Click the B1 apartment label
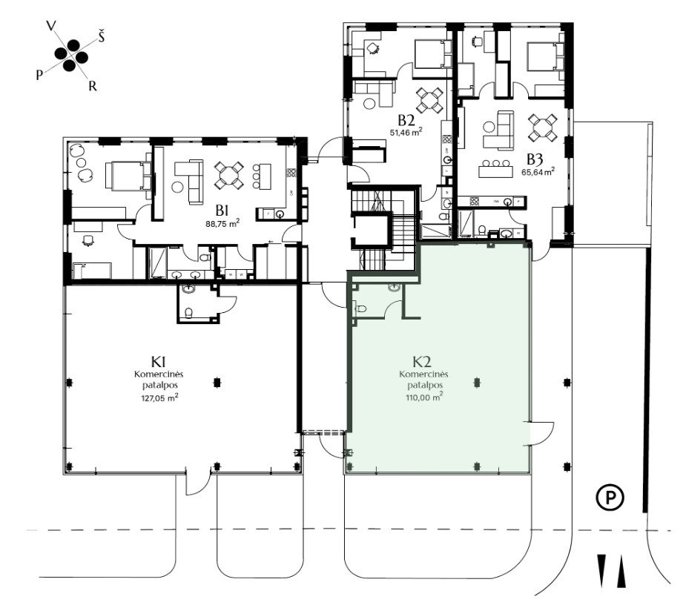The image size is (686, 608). click(x=222, y=211)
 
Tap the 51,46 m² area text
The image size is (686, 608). click(x=406, y=132)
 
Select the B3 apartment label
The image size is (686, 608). click(x=537, y=159)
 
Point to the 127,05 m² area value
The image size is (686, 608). click(x=159, y=397)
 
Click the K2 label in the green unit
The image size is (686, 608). click(x=422, y=362)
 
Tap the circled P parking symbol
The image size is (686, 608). click(x=610, y=498)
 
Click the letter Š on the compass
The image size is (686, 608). click(x=102, y=37)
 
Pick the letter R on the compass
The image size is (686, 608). click(x=92, y=86)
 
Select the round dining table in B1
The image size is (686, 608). click(x=229, y=176)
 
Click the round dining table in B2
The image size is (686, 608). click(x=429, y=100)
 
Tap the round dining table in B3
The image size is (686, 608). click(x=543, y=128)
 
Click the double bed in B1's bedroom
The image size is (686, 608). click(x=129, y=176)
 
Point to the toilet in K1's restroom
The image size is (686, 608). click(x=188, y=313)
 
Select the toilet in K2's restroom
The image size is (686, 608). click(x=360, y=308)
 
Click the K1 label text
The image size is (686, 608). click(x=159, y=362)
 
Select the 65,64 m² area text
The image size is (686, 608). click(x=538, y=171)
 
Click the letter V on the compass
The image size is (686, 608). click(x=51, y=26)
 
